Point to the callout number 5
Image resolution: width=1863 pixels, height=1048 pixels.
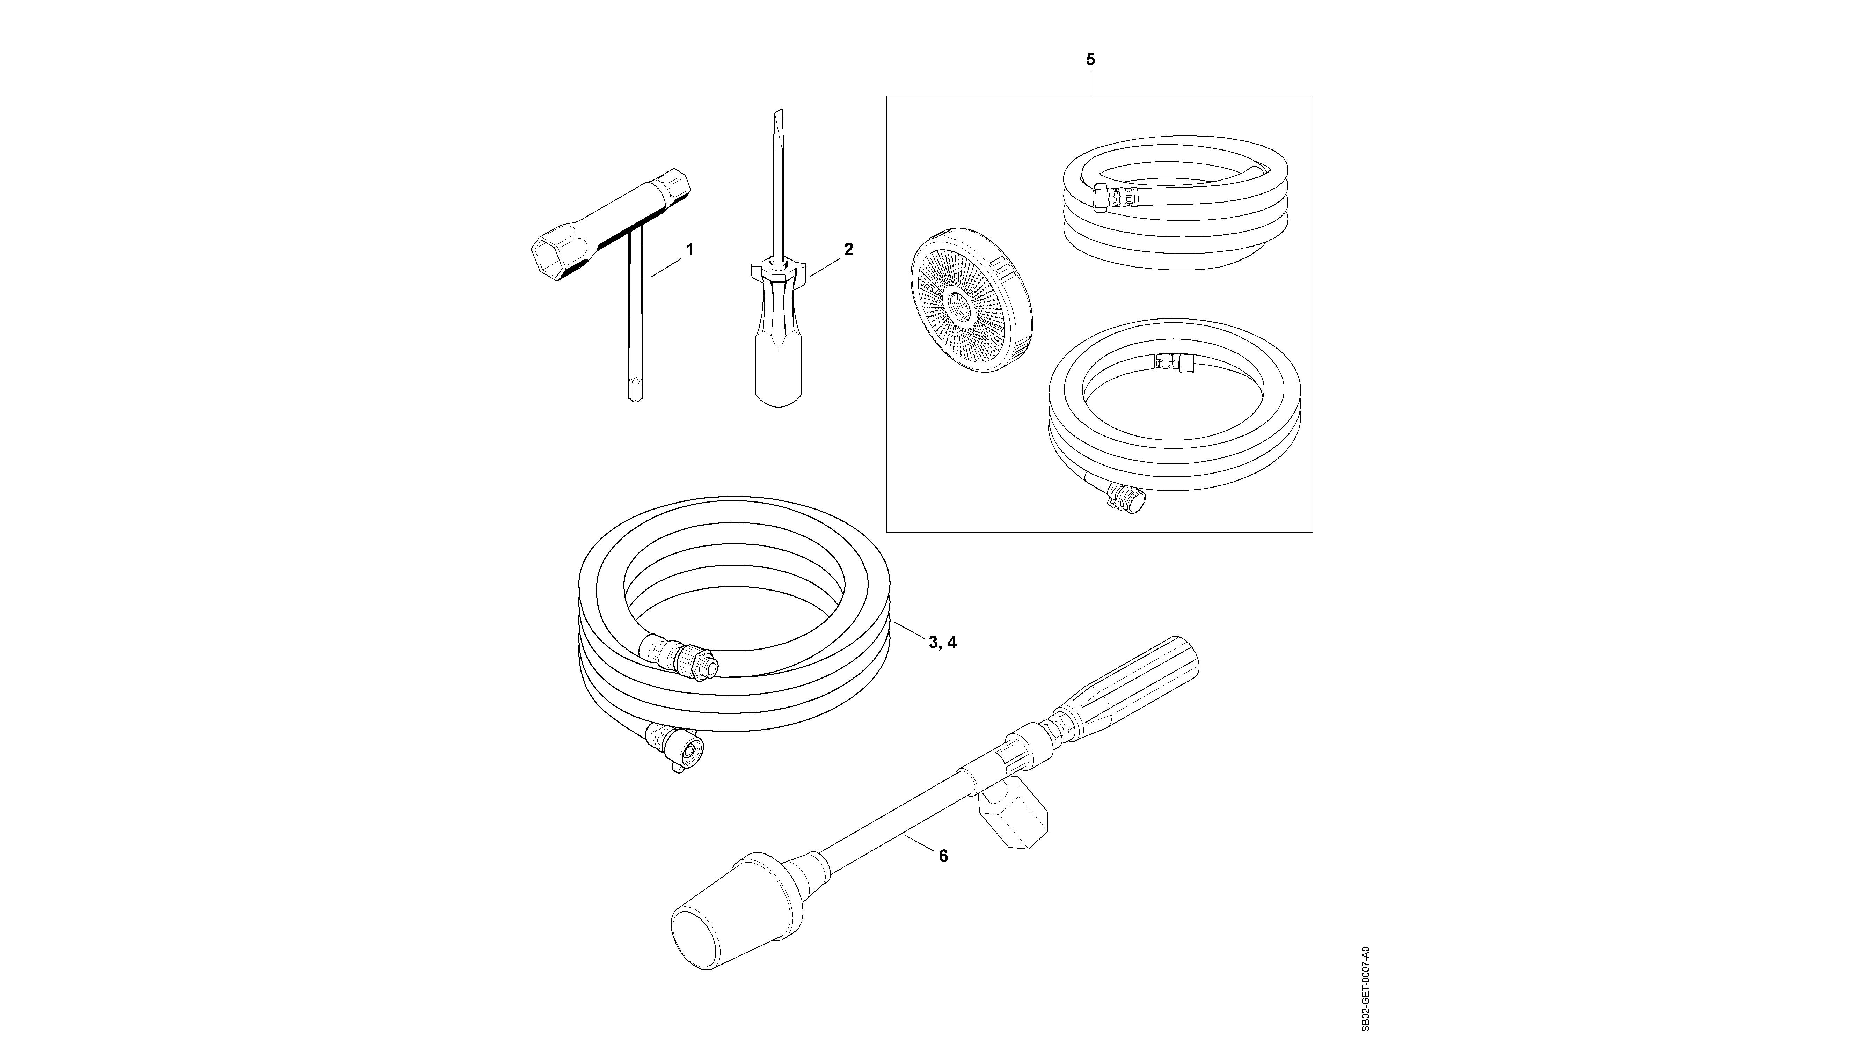[x=1091, y=59]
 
